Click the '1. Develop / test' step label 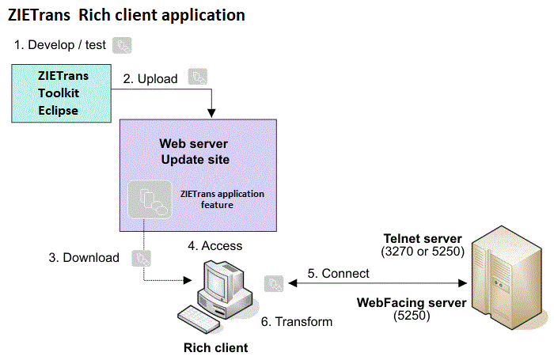click(61, 45)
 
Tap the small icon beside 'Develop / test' click(123, 45)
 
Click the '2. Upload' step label click(150, 79)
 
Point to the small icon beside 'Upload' click(198, 77)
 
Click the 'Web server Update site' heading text click(195, 151)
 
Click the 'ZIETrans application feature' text click(222, 199)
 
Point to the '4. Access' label click(214, 246)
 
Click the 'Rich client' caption click(215, 347)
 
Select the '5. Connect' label click(338, 274)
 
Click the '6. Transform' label click(297, 321)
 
